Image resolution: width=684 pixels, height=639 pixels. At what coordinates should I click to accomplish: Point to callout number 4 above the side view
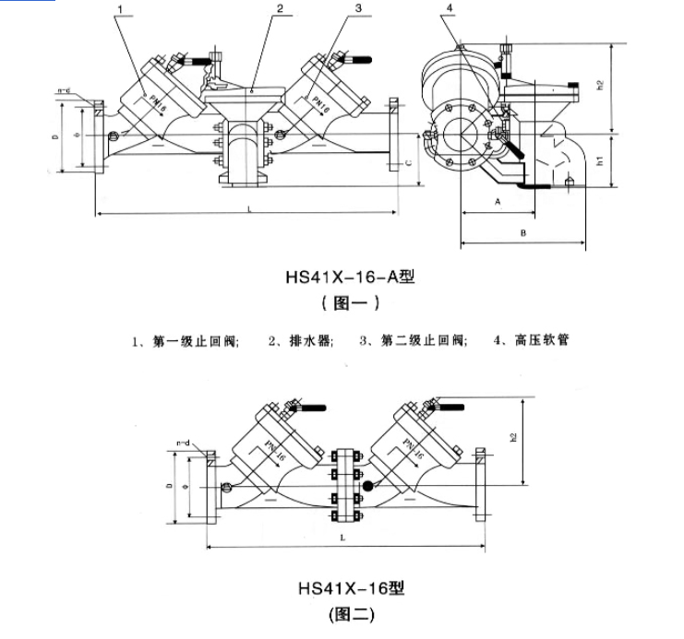[x=450, y=9]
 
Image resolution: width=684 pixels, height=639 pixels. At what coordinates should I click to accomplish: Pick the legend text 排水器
[x=307, y=340]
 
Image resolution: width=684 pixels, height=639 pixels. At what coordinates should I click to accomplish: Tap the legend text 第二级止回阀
[x=423, y=340]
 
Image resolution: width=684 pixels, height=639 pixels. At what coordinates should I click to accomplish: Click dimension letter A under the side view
[x=498, y=199]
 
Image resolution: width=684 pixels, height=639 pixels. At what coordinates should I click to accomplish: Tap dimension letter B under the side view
[x=522, y=234]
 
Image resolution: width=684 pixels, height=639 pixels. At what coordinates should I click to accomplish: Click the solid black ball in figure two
[x=368, y=485]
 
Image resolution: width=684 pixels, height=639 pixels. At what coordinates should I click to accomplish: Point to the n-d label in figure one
[x=65, y=90]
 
